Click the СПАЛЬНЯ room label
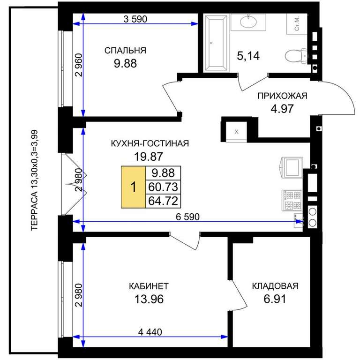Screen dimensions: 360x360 [125, 51]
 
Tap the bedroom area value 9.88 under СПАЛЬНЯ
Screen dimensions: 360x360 [125, 63]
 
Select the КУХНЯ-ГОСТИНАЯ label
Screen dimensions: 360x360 [150, 143]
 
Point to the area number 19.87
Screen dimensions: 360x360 [149, 157]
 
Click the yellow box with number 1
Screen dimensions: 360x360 [134, 187]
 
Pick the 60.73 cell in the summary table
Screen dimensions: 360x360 [163, 187]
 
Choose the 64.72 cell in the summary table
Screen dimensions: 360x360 [163, 201]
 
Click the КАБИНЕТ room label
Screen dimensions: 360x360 [149, 286]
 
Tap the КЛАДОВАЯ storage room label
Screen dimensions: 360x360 [275, 286]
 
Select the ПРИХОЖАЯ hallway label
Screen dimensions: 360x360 [282, 96]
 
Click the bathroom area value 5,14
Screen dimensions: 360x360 [248, 56]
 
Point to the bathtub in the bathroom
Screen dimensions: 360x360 [216, 43]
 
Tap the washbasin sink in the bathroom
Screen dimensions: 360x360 [248, 22]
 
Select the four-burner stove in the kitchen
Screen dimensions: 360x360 [292, 200]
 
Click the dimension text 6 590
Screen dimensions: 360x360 [187, 217]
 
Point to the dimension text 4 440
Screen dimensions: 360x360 [150, 332]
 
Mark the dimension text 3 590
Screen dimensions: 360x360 [135, 19]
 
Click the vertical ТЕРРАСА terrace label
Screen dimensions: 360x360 [34, 180]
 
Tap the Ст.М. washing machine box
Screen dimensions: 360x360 [297, 24]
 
